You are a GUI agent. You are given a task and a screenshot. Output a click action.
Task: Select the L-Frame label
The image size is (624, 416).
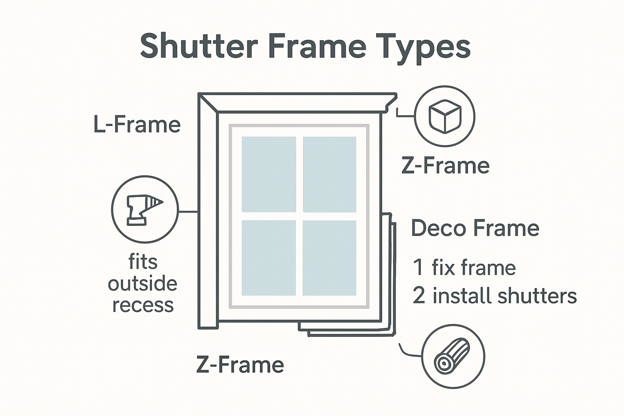pos(137,124)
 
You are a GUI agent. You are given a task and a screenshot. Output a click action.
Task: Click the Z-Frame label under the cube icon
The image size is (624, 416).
pos(445,166)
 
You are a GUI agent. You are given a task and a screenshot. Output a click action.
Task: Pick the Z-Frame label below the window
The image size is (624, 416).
pos(240,364)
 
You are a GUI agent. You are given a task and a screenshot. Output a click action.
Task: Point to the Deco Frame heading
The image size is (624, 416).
pos(475,228)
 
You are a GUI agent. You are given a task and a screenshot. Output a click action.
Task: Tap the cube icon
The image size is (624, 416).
pos(444,116)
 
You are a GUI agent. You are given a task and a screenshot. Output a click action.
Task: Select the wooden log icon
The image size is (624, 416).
pos(453,356)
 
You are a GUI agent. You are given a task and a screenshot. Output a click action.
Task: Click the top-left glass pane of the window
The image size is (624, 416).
pos(269,174)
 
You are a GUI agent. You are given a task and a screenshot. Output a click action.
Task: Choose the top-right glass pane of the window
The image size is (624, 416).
pos(329,174)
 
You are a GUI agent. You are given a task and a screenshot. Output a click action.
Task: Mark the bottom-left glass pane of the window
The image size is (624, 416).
pos(269,258)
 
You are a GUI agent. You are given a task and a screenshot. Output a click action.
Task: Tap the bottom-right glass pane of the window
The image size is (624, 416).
pos(329,258)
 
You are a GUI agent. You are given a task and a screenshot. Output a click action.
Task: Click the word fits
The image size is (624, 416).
pos(143,262)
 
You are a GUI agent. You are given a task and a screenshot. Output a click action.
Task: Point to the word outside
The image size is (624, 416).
pos(143,284)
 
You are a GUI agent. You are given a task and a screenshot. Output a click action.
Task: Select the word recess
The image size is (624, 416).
pos(143,305)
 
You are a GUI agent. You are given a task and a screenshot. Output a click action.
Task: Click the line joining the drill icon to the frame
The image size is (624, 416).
pos(188,212)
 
